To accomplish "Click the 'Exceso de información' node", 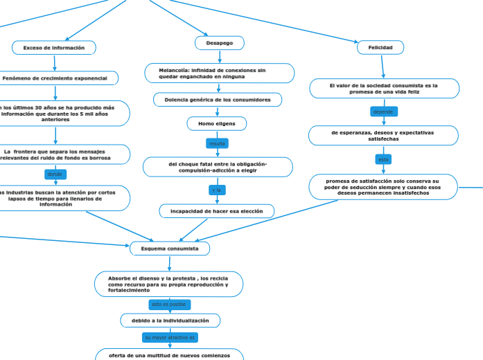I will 54,48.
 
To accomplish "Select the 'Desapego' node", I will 219,43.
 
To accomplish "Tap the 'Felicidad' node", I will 380,48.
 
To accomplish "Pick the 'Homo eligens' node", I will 217,123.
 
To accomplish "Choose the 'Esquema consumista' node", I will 170,248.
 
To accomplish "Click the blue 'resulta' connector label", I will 217,143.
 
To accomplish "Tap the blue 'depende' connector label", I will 383,111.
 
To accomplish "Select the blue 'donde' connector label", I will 55,174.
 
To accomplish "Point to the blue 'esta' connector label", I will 383,159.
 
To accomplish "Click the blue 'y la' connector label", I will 216,190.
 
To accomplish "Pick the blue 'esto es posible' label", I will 169,305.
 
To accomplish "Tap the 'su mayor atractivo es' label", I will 170,337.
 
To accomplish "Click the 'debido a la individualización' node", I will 170,321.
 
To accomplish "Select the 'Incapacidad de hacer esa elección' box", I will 217,210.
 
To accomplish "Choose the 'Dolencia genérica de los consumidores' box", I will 218,100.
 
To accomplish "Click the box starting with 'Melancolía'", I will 219,73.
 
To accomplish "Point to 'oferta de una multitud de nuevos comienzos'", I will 170,354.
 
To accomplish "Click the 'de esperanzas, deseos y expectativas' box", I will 383,135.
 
